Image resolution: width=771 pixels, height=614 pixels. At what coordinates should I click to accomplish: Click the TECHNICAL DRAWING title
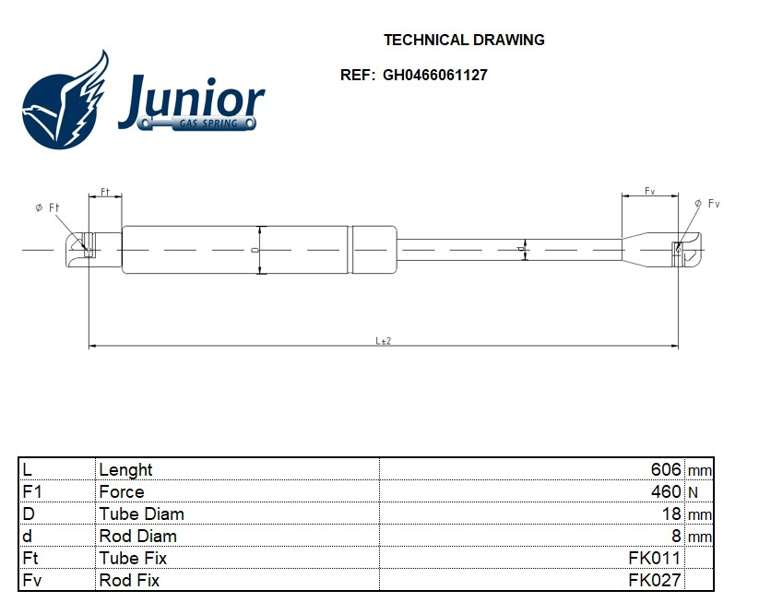click(x=464, y=41)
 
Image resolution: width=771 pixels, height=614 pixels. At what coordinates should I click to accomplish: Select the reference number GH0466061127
click(x=435, y=76)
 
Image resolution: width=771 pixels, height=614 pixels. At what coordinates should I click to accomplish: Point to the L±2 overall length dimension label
click(x=384, y=340)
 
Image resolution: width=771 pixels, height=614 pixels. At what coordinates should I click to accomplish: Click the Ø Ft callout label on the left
click(x=47, y=208)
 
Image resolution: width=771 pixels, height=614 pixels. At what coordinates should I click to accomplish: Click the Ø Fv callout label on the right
click(x=706, y=204)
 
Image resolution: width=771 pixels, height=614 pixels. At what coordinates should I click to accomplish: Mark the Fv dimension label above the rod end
click(x=649, y=192)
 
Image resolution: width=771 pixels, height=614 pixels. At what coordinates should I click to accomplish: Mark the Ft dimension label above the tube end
click(x=105, y=192)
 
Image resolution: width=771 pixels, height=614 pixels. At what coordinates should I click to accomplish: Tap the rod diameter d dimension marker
click(x=522, y=250)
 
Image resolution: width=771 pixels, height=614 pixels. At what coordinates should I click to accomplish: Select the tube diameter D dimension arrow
click(x=260, y=250)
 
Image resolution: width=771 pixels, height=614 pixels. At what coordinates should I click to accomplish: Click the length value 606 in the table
click(x=665, y=470)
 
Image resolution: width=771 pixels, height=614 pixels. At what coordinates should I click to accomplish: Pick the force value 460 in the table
click(x=665, y=492)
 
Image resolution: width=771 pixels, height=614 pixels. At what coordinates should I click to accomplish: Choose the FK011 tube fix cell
click(x=654, y=559)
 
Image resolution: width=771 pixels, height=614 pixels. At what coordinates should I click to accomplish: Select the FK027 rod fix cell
click(x=654, y=581)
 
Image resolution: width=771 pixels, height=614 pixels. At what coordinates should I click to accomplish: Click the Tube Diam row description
click(x=141, y=514)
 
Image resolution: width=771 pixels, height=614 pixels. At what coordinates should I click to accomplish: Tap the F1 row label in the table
click(x=31, y=492)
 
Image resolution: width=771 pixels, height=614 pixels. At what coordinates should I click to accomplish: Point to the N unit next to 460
click(x=693, y=493)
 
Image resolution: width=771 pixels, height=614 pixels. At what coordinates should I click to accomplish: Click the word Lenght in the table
click(x=125, y=470)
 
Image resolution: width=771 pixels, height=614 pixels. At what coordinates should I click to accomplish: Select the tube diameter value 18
click(x=671, y=514)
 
